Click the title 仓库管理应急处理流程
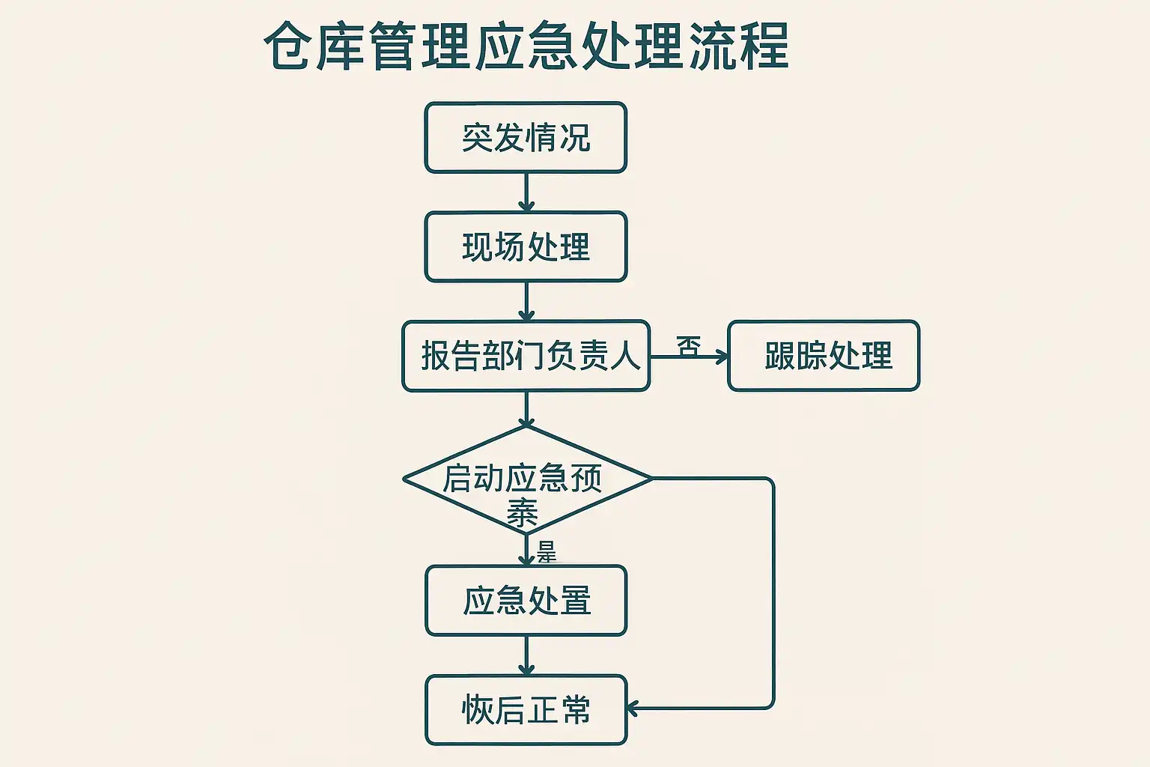tap(526, 46)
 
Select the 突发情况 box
tap(526, 138)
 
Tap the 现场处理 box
tap(526, 247)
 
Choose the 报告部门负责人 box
tap(526, 356)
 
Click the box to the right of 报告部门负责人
tap(824, 356)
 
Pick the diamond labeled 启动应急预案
tap(526, 480)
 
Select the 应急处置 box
tap(526, 601)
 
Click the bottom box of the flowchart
tap(526, 710)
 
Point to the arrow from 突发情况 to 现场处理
tap(526, 192)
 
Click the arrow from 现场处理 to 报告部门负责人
tap(526, 302)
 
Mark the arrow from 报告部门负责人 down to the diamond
tap(526, 409)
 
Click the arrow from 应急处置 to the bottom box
tap(526, 656)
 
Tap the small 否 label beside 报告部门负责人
tap(688, 345)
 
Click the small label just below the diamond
tap(547, 553)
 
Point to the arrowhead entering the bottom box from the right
tap(633, 708)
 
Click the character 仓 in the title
tap(287, 46)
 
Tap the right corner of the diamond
tap(650, 479)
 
